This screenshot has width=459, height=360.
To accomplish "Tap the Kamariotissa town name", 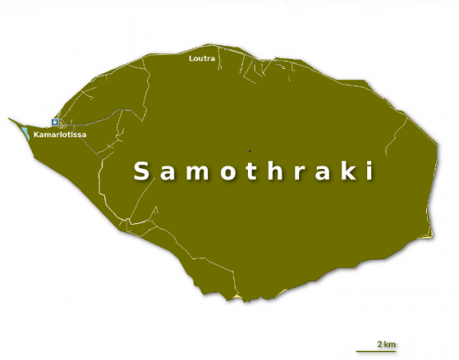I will click(60, 135).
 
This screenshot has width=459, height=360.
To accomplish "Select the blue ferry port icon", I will click(54, 122).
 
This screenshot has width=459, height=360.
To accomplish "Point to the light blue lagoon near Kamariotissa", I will click(27, 133).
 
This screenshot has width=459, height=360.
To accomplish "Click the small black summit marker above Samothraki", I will click(249, 151).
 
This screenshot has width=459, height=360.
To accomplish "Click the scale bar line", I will click(376, 350).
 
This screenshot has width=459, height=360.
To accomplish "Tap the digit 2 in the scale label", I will click(380, 344).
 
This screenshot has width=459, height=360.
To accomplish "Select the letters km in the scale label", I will click(389, 344).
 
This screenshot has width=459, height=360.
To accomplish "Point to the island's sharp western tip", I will click(9, 118).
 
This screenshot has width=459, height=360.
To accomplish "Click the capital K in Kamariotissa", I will click(37, 135).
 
